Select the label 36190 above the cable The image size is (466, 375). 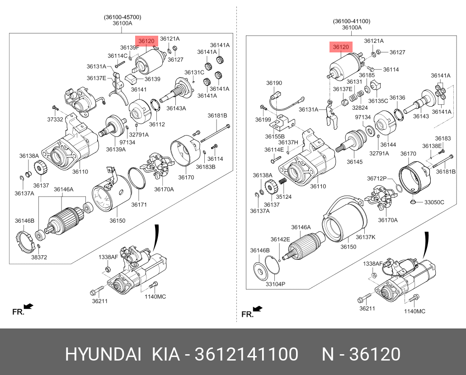tap(274, 83)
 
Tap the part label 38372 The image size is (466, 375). tap(39, 257)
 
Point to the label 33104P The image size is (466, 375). tap(275, 284)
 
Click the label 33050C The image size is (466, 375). tap(434, 202)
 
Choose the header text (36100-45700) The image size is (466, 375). tap(122, 17)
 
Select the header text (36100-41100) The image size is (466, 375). tap(352, 21)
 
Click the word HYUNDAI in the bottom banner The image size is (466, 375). tap(104, 355)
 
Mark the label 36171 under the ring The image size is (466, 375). tap(139, 205)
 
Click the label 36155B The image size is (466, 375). tap(275, 136)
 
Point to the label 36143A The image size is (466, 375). tap(176, 108)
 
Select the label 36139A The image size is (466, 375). tap(116, 149)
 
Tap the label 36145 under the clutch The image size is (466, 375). tap(355, 161)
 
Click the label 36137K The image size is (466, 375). tap(366, 237)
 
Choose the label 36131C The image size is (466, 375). tap(194, 72)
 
